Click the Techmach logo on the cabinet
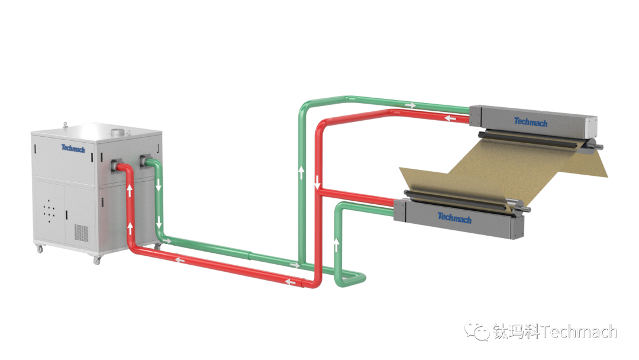(x=73, y=148)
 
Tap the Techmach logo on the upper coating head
(x=530, y=122)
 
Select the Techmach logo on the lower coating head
(x=454, y=217)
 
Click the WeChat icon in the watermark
(x=476, y=330)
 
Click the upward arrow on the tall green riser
(x=301, y=173)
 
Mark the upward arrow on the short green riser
(x=337, y=243)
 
